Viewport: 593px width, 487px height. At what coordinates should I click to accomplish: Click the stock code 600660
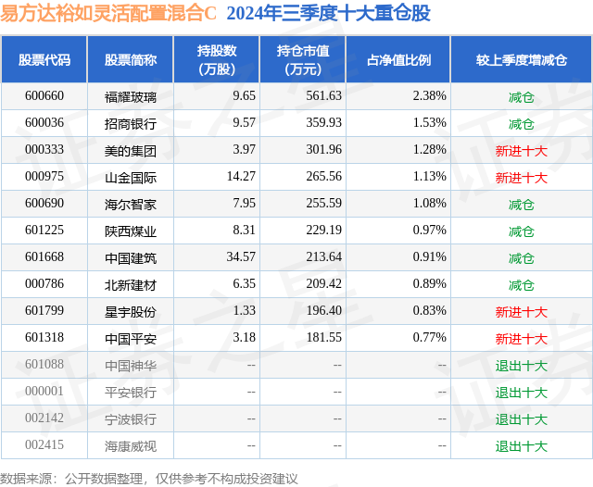(44, 95)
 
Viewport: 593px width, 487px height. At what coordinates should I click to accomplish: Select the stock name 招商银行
(131, 122)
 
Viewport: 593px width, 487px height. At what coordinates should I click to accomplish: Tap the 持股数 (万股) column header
(217, 60)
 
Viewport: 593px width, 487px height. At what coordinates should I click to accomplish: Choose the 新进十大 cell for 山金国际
(521, 177)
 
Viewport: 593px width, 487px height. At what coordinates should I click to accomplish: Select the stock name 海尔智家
(131, 204)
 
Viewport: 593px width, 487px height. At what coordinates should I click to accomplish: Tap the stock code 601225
(44, 231)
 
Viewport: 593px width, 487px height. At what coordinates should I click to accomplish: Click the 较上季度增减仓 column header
(521, 60)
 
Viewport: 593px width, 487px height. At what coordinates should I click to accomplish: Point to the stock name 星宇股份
(131, 312)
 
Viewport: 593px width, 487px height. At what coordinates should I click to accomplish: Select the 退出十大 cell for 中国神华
(521, 366)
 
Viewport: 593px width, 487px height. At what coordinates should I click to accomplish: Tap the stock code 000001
(44, 393)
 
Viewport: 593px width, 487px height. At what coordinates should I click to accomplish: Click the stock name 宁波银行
(131, 419)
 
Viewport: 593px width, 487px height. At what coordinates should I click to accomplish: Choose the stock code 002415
(44, 446)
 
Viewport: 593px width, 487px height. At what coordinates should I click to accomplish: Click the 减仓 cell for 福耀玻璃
(521, 95)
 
